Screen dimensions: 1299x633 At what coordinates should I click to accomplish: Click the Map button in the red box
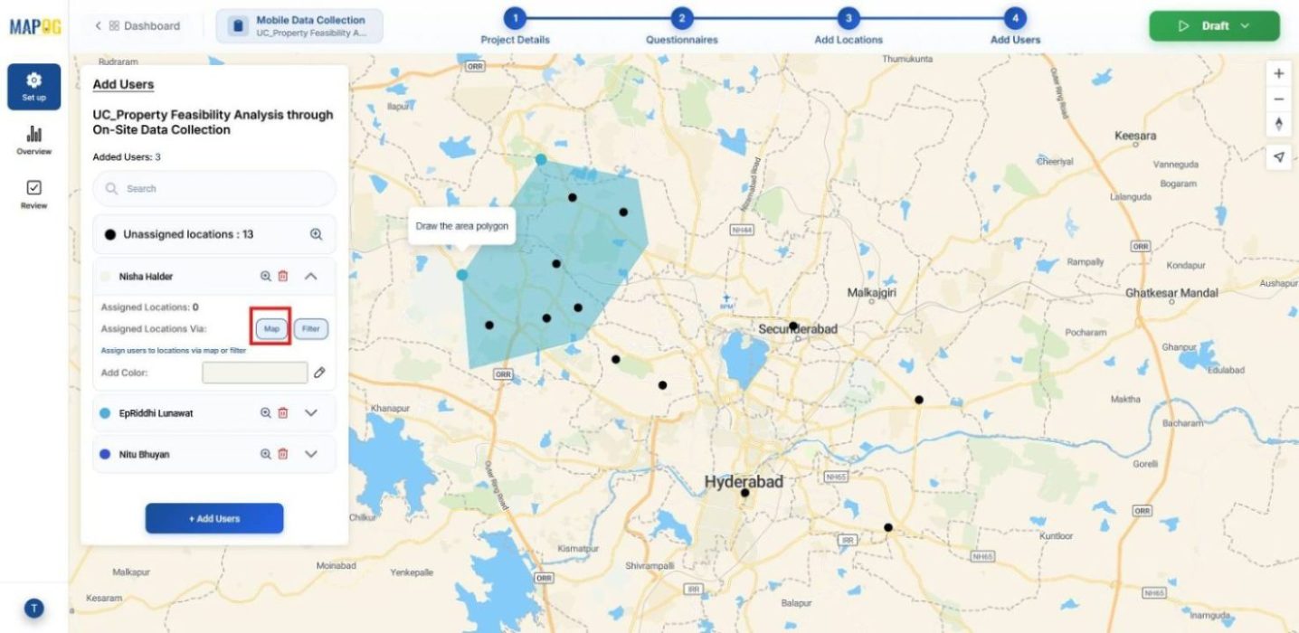(x=271, y=328)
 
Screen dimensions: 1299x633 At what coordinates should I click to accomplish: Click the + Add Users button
(x=214, y=518)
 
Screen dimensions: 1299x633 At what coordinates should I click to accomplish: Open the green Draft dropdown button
(x=1213, y=26)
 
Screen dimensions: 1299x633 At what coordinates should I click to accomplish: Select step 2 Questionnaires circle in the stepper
(x=681, y=18)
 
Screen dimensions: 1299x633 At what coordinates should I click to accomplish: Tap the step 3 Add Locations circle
(x=848, y=18)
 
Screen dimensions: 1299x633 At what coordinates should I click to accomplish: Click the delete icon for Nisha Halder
(x=283, y=277)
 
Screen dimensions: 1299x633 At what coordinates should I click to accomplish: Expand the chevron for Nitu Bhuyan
(x=311, y=454)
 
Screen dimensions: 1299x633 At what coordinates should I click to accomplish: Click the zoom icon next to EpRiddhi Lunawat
(x=266, y=413)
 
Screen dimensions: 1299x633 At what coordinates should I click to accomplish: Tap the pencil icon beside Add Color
(x=319, y=373)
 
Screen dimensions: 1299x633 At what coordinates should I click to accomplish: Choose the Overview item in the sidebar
(x=33, y=140)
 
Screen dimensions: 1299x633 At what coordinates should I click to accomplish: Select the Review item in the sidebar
(x=33, y=194)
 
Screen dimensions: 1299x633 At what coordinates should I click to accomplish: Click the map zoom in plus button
(x=1278, y=73)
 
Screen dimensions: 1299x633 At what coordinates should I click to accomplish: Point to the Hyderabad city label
(x=744, y=482)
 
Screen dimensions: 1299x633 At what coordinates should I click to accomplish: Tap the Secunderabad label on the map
(x=797, y=329)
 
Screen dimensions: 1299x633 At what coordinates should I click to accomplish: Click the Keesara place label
(x=1135, y=136)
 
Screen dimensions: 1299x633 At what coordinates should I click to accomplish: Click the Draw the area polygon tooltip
(x=461, y=226)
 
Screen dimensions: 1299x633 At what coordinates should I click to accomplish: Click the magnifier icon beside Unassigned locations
(x=317, y=234)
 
